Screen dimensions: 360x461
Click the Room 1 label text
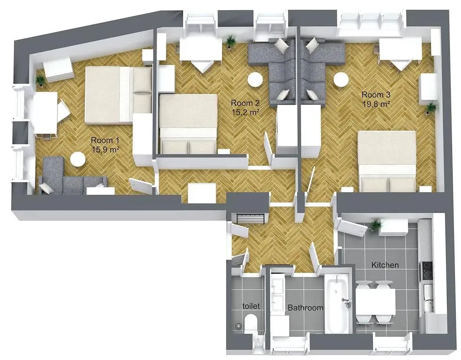tap(102, 140)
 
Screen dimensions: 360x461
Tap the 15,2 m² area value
tap(246, 112)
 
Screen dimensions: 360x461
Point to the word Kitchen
tap(385, 265)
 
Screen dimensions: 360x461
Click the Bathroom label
tap(305, 308)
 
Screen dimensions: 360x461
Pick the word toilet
tap(251, 306)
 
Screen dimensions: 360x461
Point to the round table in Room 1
tap(78, 160)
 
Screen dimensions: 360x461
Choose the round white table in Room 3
tap(340, 80)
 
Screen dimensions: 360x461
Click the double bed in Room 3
tap(387, 159)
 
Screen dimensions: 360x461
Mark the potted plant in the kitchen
tap(375, 225)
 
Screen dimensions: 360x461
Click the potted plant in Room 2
tap(230, 42)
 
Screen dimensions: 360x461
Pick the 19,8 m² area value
tap(376, 105)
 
